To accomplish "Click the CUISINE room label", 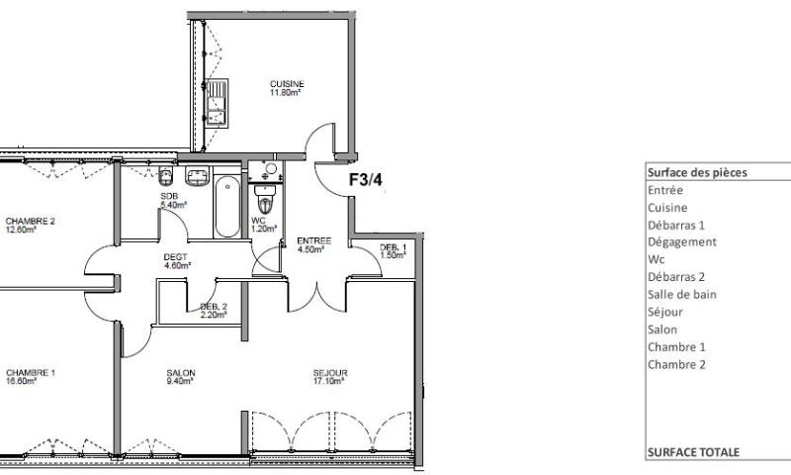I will (287, 84).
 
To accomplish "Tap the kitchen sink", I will (218, 103).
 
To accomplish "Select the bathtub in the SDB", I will (227, 206).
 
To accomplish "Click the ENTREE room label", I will (314, 240).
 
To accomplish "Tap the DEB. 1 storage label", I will (394, 246).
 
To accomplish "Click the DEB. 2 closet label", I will (214, 307).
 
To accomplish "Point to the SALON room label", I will (181, 373).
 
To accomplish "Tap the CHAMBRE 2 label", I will (30, 221).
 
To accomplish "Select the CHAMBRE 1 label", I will (30, 372).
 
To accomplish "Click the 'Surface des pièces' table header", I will (696, 171).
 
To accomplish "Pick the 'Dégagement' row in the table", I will (681, 241).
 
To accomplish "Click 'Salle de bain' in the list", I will (681, 294).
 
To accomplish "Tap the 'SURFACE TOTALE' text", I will (692, 451).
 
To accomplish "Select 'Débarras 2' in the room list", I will (677, 277).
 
